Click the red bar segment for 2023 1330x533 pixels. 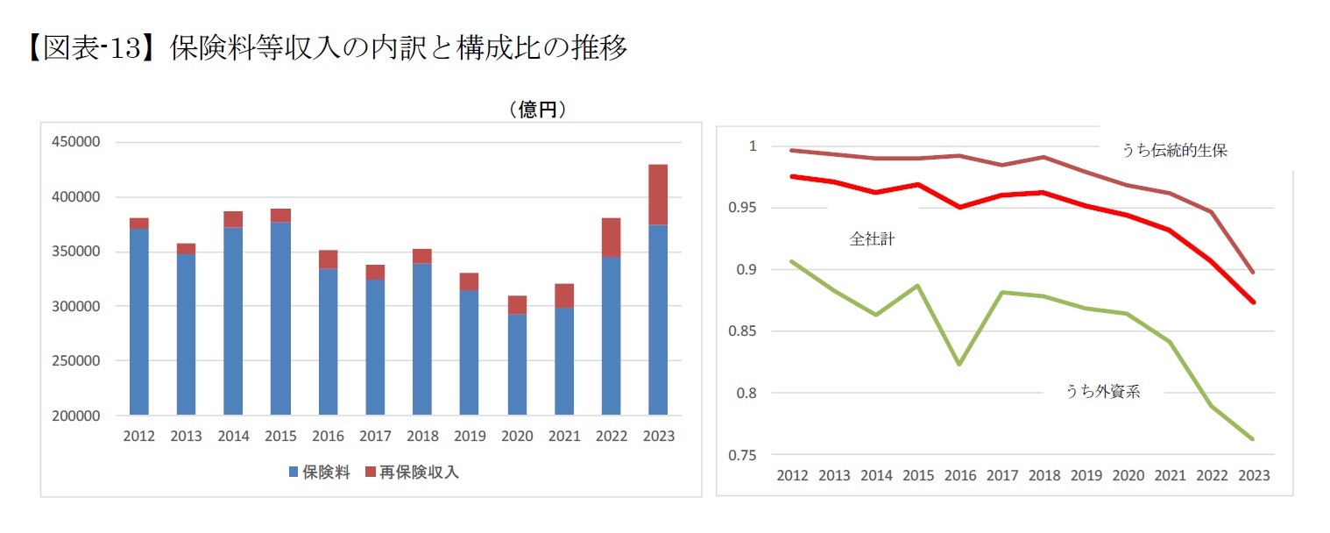[657, 195]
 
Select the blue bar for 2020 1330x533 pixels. [517, 364]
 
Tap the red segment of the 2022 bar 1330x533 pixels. [610, 238]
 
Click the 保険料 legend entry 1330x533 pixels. [320, 473]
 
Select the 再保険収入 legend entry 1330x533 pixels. [411, 473]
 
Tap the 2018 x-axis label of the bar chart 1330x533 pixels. [422, 437]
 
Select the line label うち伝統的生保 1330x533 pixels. [1174, 151]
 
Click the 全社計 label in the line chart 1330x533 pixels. [872, 238]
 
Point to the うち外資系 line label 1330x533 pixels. [1102, 392]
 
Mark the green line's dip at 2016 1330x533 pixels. [960, 364]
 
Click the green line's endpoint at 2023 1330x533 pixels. [1253, 439]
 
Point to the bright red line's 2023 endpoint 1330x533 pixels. [1253, 302]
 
